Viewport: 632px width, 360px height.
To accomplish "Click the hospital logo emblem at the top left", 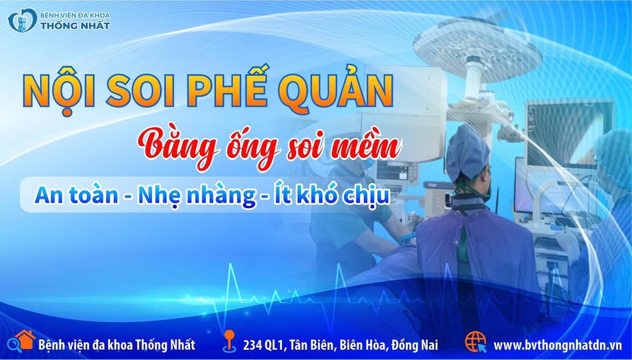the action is [x=23, y=21].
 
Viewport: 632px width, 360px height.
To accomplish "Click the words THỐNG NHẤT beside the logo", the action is [x=75, y=25].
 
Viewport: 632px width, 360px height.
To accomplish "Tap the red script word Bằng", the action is [x=178, y=149].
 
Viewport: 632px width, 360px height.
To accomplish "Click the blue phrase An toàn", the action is [x=77, y=195].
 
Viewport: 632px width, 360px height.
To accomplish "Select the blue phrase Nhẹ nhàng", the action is [x=197, y=196].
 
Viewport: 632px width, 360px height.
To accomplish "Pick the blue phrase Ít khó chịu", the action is [x=332, y=195].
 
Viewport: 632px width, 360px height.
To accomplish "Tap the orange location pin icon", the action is [x=229, y=341].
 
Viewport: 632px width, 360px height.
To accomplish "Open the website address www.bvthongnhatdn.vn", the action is [x=557, y=345].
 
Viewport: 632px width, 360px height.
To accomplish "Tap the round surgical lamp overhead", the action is [x=477, y=47].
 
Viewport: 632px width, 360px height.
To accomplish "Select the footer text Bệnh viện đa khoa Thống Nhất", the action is [x=117, y=345].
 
